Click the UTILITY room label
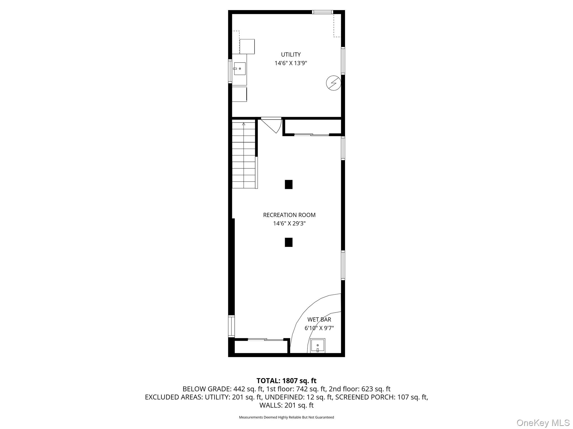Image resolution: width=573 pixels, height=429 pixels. coord(291,54)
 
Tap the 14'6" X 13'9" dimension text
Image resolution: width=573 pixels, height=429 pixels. coord(291,63)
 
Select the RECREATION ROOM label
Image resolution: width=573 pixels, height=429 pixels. coord(289,215)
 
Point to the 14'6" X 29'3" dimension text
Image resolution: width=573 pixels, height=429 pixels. coord(289,223)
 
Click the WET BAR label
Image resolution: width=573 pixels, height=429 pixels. coord(319,320)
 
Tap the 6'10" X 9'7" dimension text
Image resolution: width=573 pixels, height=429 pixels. coord(319,328)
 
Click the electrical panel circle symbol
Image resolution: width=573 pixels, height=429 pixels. coord(334,83)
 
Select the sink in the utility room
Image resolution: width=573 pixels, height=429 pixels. coord(240,69)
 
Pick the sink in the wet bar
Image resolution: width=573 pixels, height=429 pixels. coord(318,345)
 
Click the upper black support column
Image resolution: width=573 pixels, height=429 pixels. coord(288,184)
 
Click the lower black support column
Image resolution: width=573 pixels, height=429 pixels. coord(288,242)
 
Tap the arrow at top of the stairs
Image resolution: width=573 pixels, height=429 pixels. coord(244,124)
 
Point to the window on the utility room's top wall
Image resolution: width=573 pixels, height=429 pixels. coord(322,12)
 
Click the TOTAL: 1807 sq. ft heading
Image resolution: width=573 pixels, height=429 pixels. coord(286,381)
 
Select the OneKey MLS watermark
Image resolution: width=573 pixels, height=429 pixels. coord(543,423)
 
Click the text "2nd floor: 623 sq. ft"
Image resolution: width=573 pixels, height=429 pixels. coord(360,389)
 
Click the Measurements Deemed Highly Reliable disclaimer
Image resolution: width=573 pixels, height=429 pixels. coord(286,417)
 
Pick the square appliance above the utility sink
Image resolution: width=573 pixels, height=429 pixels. coord(247,46)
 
